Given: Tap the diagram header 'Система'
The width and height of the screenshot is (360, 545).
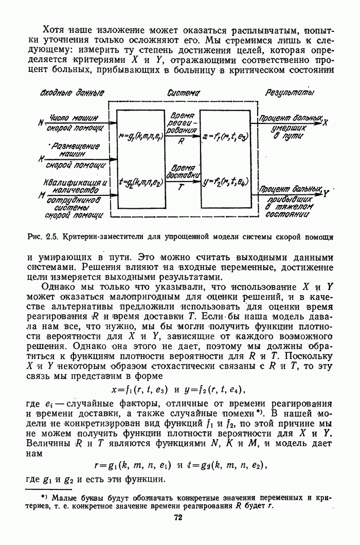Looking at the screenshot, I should [x=184, y=93].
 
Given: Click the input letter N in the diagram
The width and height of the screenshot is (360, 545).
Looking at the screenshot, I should [x=41, y=123].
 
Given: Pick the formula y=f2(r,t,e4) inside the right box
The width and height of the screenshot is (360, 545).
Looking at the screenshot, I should [x=226, y=182].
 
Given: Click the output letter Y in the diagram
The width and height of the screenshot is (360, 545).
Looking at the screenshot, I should [x=326, y=193].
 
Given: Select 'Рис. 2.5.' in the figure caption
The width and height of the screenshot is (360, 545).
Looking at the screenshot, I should [x=43, y=237].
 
